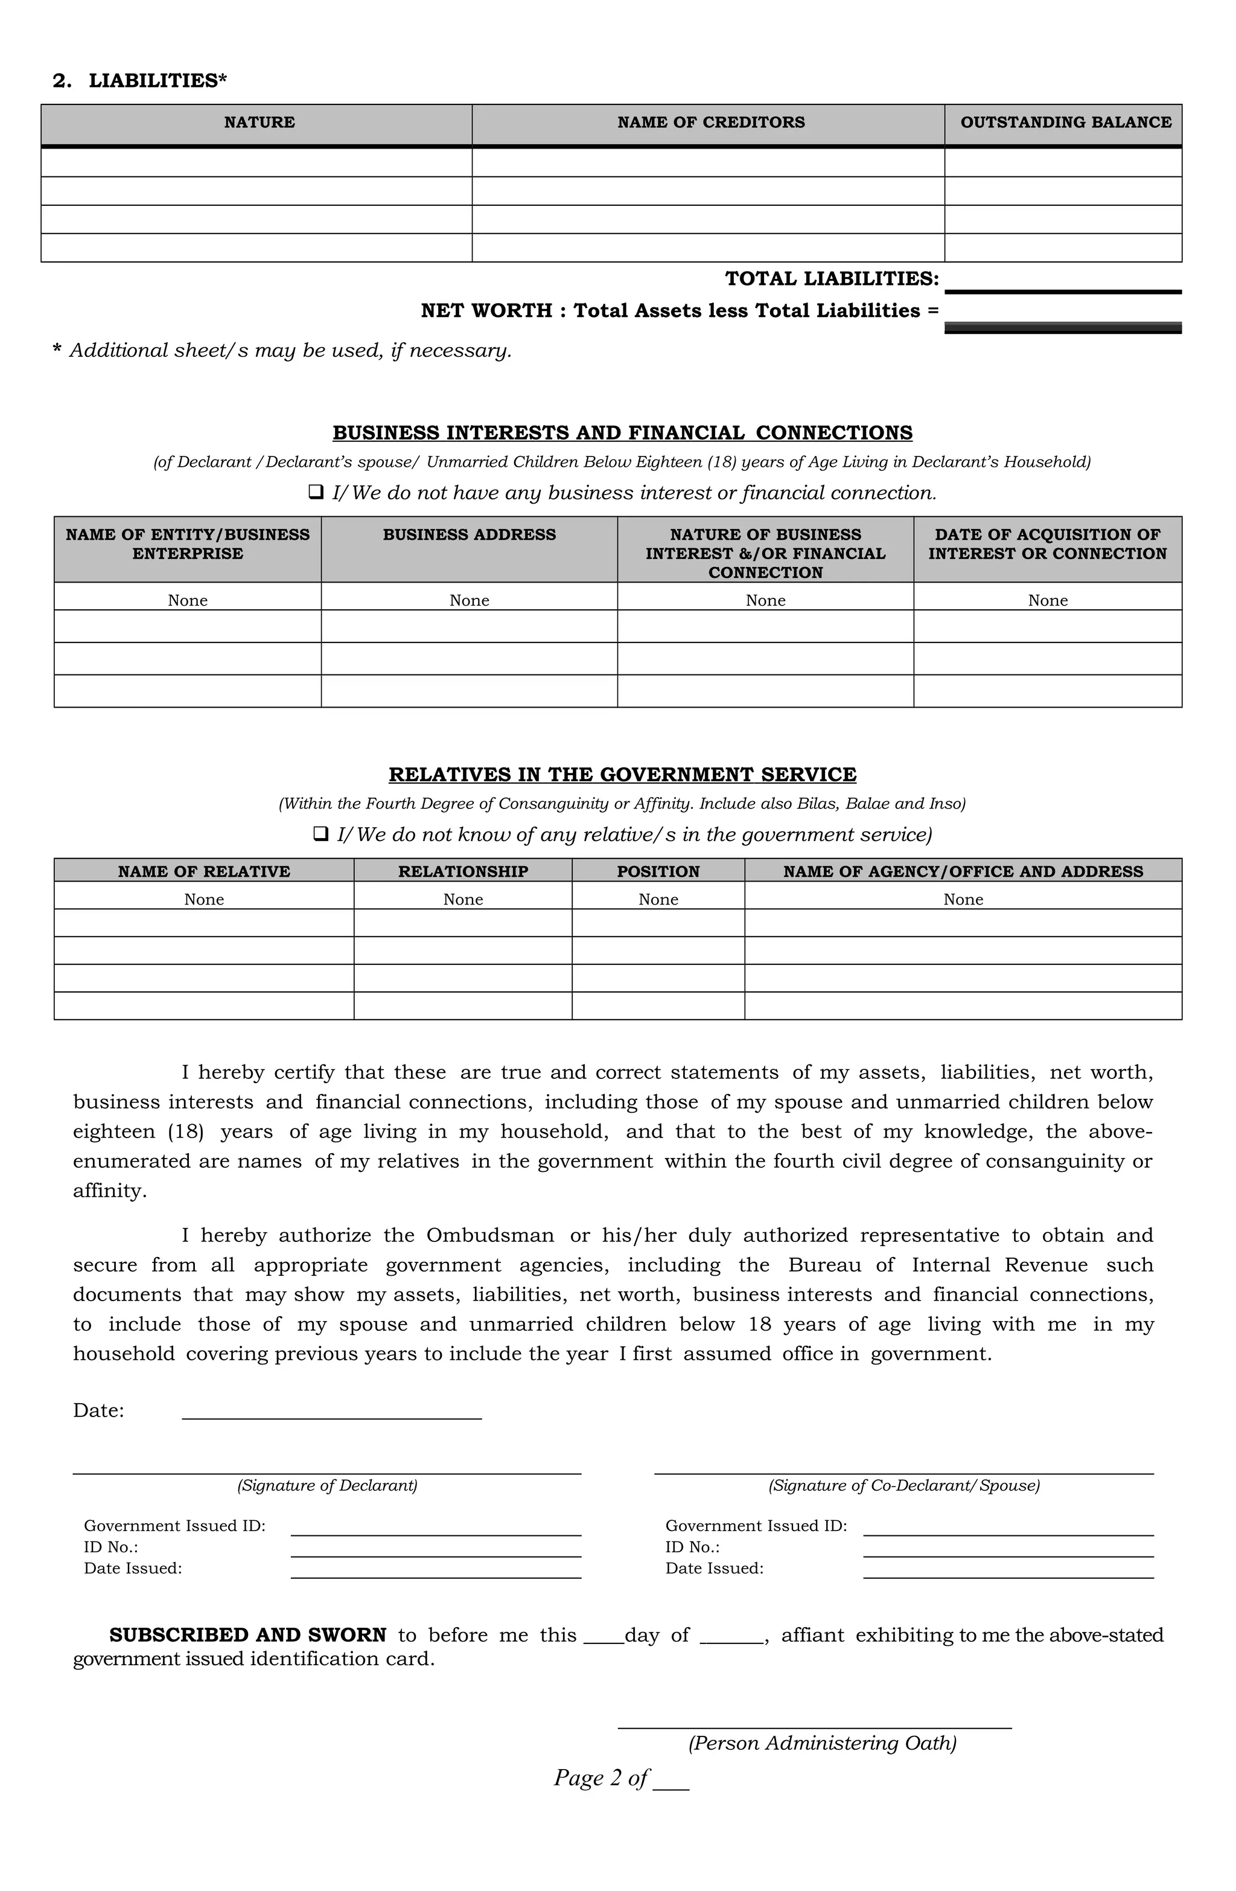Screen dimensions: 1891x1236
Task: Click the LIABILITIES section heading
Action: (x=140, y=81)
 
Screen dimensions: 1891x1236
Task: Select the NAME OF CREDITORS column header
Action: (x=710, y=123)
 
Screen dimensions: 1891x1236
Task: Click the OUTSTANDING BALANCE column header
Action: (x=1065, y=123)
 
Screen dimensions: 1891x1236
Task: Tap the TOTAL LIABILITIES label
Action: (x=831, y=279)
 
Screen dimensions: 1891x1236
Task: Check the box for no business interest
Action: (x=316, y=493)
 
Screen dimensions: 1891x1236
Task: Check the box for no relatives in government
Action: (x=321, y=834)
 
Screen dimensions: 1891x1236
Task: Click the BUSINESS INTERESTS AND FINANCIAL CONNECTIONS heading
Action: (x=622, y=433)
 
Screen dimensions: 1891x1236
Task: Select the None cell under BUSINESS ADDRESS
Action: (x=469, y=601)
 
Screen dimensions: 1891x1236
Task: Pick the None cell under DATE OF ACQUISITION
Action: (x=1047, y=601)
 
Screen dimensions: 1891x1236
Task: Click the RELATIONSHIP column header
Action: (x=462, y=872)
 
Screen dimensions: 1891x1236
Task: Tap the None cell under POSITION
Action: (x=658, y=900)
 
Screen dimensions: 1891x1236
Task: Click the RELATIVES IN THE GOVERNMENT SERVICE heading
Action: (x=622, y=775)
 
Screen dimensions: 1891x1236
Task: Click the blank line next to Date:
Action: (x=331, y=1410)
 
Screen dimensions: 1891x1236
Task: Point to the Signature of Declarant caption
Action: (x=327, y=1486)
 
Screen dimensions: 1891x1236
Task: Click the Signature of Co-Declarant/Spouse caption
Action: (x=903, y=1486)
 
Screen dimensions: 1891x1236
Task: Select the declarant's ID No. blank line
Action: (x=435, y=1549)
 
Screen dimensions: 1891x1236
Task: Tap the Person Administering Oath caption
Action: (x=821, y=1743)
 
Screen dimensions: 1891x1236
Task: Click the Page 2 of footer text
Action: (x=601, y=1778)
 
